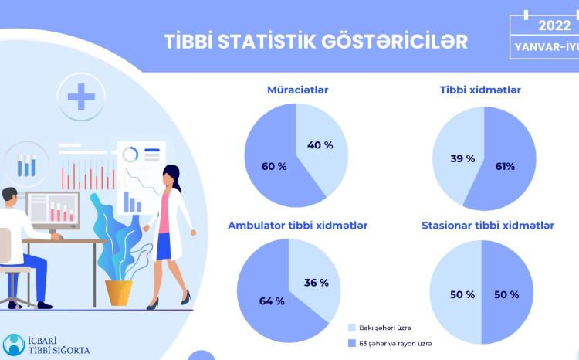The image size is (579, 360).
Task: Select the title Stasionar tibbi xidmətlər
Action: point(488,226)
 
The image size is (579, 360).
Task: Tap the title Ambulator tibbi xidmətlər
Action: point(297,226)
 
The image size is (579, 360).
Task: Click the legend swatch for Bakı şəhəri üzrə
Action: point(351,328)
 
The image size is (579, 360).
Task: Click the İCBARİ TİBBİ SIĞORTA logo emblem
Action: point(14,344)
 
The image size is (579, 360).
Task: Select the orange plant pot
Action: point(118,292)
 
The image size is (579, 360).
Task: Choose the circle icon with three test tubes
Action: point(27,165)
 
